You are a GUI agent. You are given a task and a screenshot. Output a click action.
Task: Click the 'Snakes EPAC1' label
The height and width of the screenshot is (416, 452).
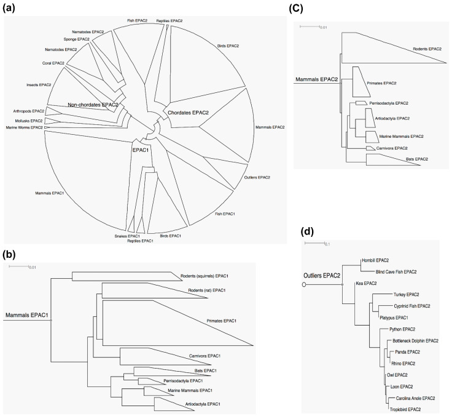pos(127,236)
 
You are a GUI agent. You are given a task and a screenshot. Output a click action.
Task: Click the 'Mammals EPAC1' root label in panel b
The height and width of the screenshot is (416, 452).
pos(28,316)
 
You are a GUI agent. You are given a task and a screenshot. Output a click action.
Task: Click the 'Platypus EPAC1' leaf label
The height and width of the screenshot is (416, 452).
pos(394,318)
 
